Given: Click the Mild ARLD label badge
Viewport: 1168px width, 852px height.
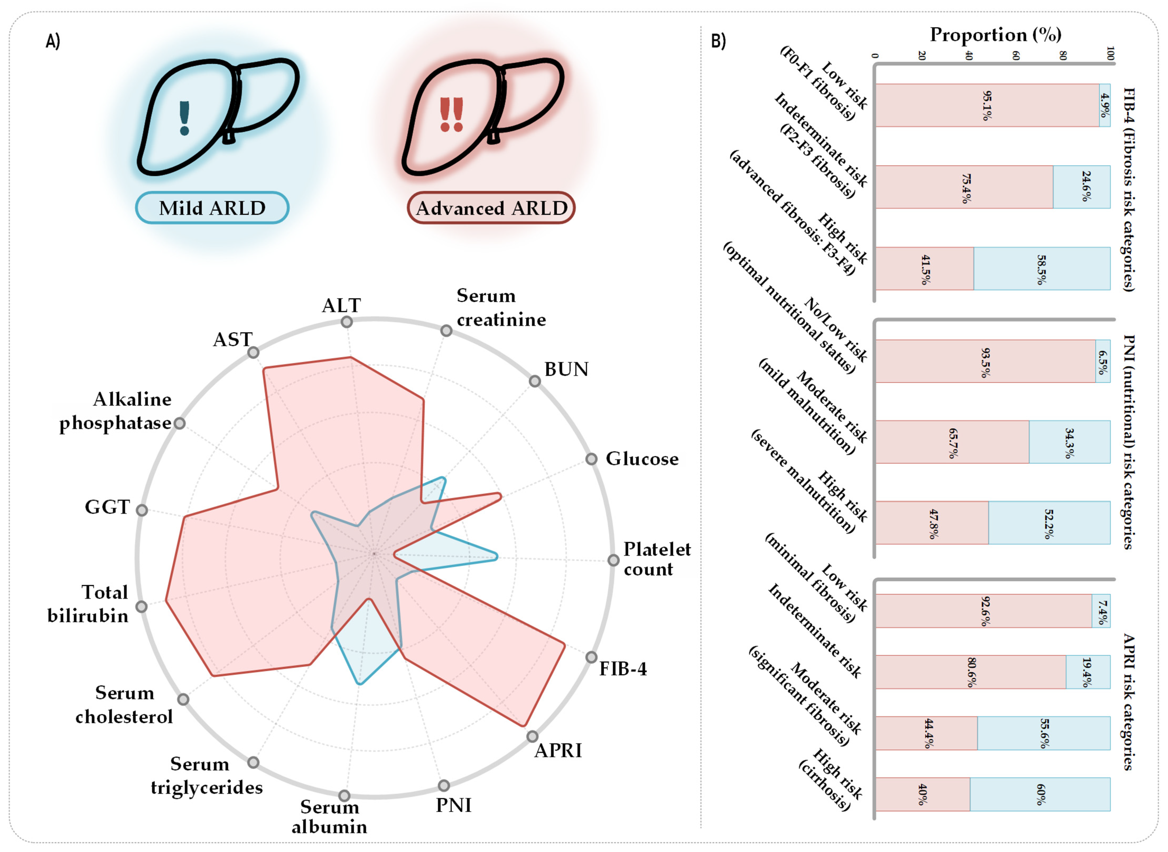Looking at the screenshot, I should click(x=212, y=208).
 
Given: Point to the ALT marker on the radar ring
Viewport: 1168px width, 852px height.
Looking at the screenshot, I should click(x=347, y=322).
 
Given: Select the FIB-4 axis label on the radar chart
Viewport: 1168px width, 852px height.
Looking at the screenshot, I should click(x=622, y=669).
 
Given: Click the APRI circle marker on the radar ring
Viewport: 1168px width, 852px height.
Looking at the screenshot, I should click(x=532, y=737).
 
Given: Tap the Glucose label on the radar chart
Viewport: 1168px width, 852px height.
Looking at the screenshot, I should click(x=642, y=458).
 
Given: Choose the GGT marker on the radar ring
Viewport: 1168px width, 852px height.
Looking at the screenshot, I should click(x=142, y=510).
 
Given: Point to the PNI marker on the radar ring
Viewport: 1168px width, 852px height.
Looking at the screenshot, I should click(x=444, y=785).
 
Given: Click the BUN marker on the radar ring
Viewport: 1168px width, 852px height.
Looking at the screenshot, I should click(x=535, y=381).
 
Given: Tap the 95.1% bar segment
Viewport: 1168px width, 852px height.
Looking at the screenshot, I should click(x=986, y=105).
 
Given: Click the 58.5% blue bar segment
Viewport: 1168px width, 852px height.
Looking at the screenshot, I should click(x=1042, y=269).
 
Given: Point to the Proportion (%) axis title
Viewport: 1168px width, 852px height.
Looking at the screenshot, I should click(x=995, y=35).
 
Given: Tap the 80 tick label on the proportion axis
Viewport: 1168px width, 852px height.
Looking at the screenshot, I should click(x=1063, y=55).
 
